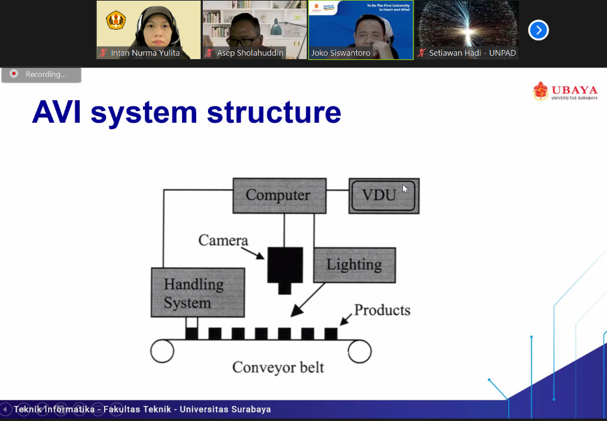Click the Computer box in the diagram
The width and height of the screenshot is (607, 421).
point(279,196)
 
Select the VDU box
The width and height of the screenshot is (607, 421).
point(383,196)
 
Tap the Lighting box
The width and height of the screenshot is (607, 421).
point(354,264)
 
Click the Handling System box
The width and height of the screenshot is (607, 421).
point(198,292)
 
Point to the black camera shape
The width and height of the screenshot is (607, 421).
point(285,266)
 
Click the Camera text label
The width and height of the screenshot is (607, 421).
point(223,240)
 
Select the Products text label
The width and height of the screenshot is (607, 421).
point(382,310)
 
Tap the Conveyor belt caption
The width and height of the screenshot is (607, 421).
point(278,368)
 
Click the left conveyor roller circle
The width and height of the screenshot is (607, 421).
point(162,351)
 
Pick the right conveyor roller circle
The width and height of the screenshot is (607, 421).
point(359,351)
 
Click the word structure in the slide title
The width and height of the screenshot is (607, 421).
point(274,112)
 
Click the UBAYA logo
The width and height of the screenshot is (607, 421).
point(564,92)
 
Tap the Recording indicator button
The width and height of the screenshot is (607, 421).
point(41,74)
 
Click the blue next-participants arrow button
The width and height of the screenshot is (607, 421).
point(538,30)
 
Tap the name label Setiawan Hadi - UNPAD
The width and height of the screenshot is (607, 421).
point(472,53)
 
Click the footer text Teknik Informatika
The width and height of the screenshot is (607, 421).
point(54,409)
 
